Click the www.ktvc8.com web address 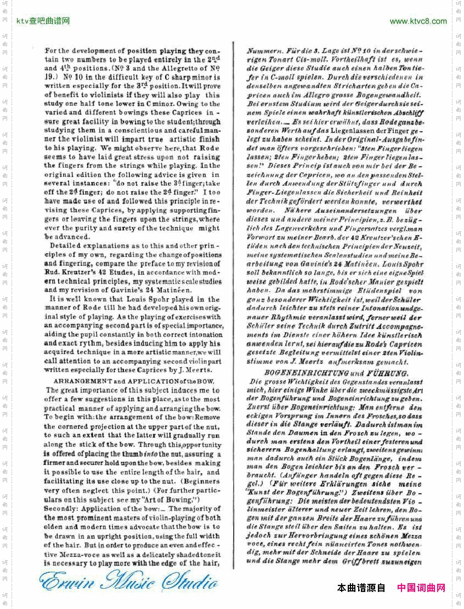[418, 21]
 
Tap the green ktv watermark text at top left [43, 21]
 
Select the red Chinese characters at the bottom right [421, 588]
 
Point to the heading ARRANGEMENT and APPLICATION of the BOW [134, 381]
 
